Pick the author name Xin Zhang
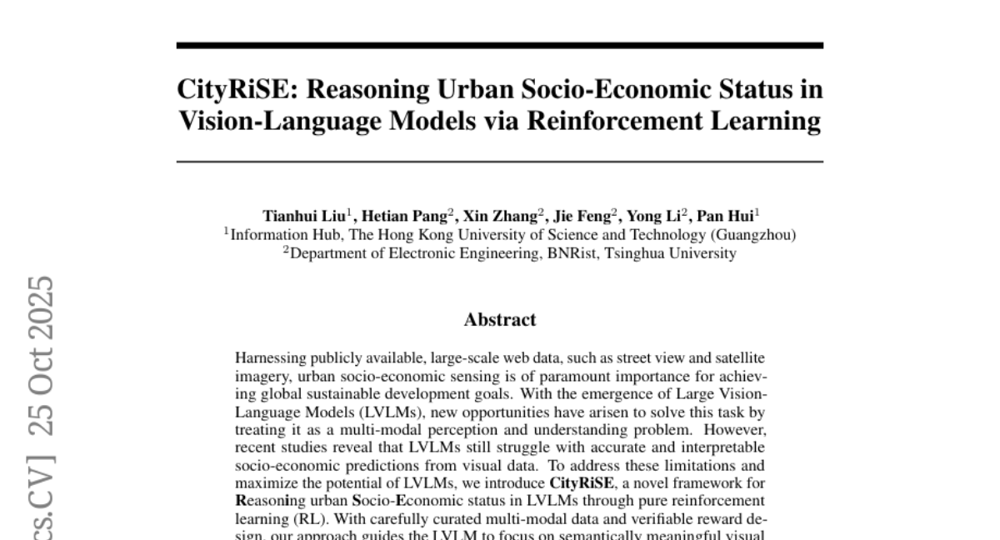[x=500, y=214]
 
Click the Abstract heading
[x=500, y=319]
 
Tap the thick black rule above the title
[x=500, y=46]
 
